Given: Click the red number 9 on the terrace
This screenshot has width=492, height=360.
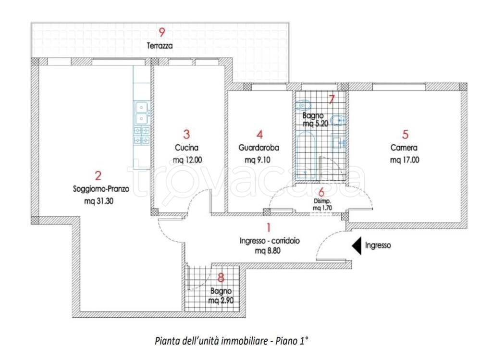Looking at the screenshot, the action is [162, 32].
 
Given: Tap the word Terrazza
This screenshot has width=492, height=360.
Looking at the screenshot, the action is [160, 46].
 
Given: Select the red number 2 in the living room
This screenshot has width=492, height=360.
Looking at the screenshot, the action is [98, 175].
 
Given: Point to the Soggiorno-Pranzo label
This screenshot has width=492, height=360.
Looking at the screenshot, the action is [101, 189].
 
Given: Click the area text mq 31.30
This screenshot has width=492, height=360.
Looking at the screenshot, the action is [99, 201].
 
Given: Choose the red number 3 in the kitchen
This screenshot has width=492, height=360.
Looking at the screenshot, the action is [186, 134].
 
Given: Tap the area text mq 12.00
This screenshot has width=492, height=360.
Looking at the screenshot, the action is [187, 160].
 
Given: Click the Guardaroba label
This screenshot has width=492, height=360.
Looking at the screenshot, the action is [259, 148].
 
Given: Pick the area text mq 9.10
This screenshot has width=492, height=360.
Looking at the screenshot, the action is [258, 160].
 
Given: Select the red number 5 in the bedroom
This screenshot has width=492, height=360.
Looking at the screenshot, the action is [406, 134].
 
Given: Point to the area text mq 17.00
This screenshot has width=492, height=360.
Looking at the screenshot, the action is [405, 160].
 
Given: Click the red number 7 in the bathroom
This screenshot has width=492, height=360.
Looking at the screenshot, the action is [332, 99].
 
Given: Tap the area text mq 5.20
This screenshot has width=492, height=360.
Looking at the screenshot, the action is [315, 124].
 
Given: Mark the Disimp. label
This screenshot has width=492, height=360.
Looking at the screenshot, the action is [322, 201].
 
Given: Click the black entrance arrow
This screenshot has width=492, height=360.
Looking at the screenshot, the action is [357, 245].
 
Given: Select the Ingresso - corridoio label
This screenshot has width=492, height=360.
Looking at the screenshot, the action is [270, 241].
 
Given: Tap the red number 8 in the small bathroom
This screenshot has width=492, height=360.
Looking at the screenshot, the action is [221, 277].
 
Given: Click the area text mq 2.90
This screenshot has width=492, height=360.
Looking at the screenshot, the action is [221, 300].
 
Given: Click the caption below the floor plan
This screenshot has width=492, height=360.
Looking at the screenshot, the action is [232, 341].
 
